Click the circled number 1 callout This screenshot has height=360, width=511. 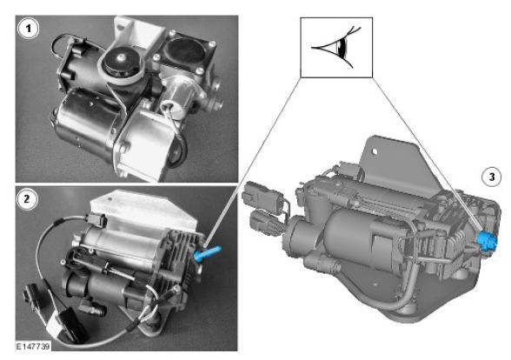(29, 29)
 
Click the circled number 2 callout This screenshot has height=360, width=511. (27, 198)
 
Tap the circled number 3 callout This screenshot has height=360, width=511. (492, 177)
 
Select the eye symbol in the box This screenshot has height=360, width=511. (336, 48)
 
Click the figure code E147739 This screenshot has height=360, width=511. (33, 346)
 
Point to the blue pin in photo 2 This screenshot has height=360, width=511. (207, 253)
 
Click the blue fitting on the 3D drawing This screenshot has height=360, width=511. (487, 243)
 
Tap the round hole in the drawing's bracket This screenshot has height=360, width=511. (374, 151)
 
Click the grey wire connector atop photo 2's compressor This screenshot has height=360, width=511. (96, 220)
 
